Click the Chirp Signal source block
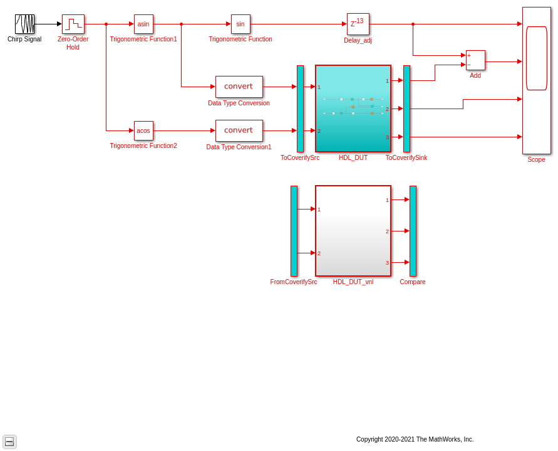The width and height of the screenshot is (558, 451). click(x=24, y=24)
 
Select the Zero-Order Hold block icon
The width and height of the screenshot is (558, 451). click(x=73, y=24)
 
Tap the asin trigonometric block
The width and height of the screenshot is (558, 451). click(x=143, y=24)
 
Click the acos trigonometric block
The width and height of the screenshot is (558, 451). click(x=143, y=130)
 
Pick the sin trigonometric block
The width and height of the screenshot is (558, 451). click(x=240, y=24)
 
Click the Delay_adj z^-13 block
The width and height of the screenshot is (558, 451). click(x=358, y=24)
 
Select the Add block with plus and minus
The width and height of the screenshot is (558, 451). click(x=475, y=60)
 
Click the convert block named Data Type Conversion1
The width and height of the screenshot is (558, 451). click(x=239, y=130)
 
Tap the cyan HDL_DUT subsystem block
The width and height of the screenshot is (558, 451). click(x=353, y=109)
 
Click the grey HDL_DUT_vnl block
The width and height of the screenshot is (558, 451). click(x=353, y=231)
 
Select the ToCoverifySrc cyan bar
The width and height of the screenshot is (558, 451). click(x=301, y=109)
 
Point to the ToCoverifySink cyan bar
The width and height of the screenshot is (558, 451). click(x=406, y=109)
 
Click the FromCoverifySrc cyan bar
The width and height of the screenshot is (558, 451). click(x=294, y=231)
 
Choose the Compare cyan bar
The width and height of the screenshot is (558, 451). click(x=413, y=231)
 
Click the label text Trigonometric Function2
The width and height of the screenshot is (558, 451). click(x=143, y=146)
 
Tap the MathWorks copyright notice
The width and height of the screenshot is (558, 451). click(x=415, y=439)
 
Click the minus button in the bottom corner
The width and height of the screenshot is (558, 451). click(x=9, y=442)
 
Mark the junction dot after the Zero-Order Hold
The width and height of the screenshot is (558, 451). click(x=106, y=24)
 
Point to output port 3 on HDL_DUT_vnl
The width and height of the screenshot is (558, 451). click(x=387, y=263)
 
